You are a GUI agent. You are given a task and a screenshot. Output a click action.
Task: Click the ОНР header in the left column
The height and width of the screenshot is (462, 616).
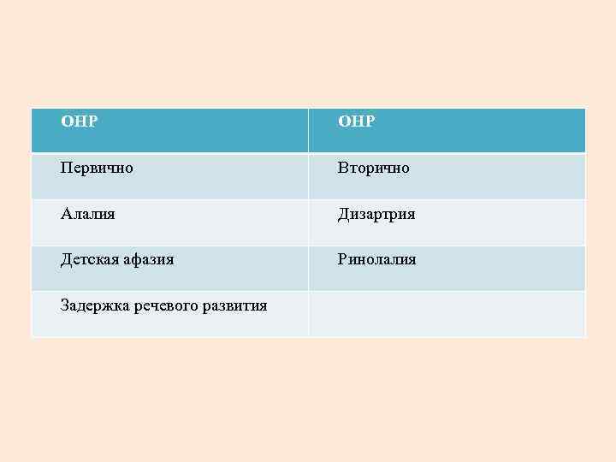coord(79,121)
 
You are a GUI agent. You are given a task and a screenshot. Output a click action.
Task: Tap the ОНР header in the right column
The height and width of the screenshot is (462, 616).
coord(356,121)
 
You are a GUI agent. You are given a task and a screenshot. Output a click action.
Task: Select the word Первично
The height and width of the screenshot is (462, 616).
coord(97,168)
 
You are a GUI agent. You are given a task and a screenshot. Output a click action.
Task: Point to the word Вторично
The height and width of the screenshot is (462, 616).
coord(373,168)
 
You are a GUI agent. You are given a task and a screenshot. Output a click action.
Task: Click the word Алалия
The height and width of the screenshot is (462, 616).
coord(88,214)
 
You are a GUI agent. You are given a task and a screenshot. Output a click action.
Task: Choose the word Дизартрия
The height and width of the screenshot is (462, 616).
coord(376,214)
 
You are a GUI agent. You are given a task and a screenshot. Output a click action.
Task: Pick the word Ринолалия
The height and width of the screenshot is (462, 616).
coord(376,259)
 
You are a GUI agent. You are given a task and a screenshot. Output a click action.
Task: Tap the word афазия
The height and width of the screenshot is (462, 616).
coord(149,259)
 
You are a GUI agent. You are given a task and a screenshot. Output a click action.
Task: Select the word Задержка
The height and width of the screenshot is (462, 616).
coord(95,305)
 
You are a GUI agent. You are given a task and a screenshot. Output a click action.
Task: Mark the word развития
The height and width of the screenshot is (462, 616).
coord(234,305)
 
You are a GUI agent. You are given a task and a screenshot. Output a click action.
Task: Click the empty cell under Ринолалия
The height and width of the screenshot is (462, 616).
coord(447,314)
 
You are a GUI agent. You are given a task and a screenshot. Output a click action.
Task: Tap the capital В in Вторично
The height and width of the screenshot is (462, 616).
coord(342,168)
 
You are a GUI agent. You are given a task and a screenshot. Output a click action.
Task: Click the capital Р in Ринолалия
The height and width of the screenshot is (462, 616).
coord(342,259)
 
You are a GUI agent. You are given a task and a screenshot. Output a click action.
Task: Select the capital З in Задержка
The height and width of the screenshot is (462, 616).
coord(65,305)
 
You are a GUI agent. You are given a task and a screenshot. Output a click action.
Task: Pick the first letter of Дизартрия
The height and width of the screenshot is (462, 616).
coord(343,214)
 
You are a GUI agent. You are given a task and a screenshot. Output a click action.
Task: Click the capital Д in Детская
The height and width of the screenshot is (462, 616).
coord(66,259)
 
